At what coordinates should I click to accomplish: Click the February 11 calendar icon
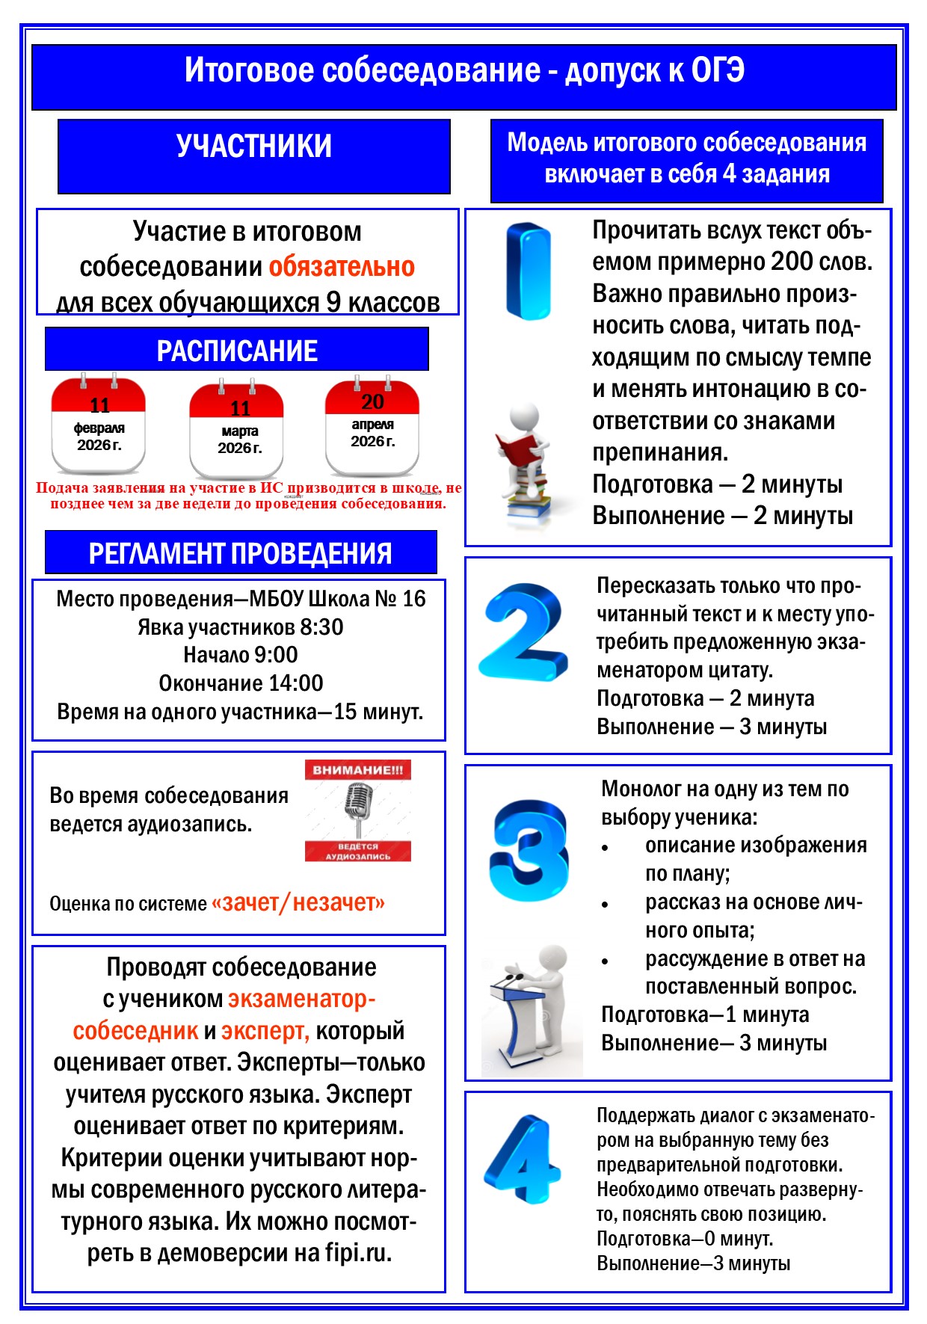(98, 425)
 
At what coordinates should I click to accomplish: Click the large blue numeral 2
(523, 631)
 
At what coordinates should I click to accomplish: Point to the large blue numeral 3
(530, 850)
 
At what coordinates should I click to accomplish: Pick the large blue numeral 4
(524, 1157)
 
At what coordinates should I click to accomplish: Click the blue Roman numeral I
(529, 271)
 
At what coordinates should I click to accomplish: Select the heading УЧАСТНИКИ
(254, 146)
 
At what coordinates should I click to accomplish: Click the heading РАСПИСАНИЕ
(237, 351)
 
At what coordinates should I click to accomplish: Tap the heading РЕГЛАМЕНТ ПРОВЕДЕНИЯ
(240, 553)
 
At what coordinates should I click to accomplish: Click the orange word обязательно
(342, 267)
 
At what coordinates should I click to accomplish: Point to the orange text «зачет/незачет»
(298, 902)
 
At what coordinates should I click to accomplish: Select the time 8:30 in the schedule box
(322, 626)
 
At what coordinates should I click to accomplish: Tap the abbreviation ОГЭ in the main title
(718, 70)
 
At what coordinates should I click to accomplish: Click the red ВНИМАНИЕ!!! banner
(357, 770)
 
